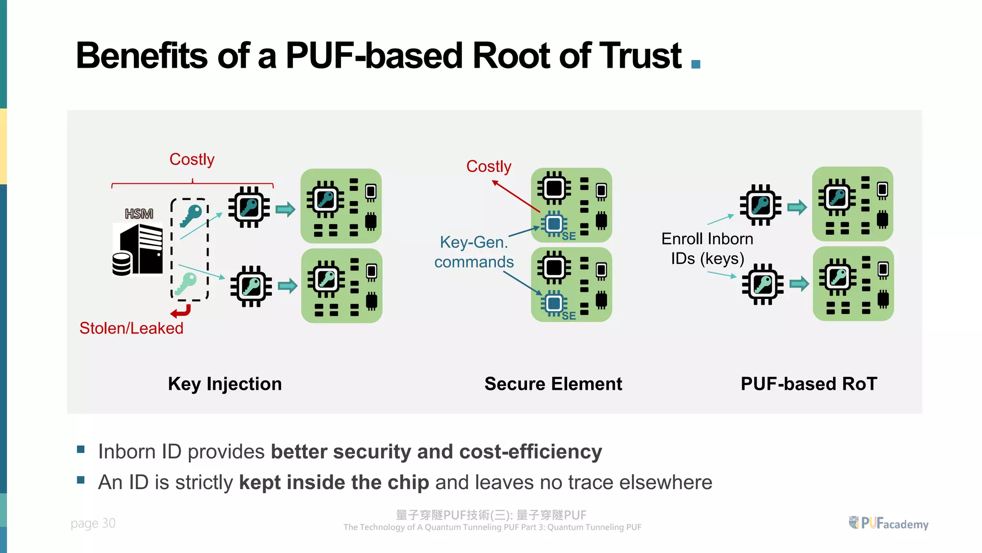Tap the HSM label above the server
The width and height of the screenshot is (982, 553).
tap(139, 214)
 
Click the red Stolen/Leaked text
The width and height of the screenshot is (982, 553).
tap(131, 328)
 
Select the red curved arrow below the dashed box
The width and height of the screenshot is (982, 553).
tap(181, 312)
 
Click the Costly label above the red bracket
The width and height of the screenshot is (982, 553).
tap(192, 159)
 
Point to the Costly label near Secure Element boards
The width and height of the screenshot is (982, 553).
tap(489, 167)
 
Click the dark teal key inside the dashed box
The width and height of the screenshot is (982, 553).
tap(191, 215)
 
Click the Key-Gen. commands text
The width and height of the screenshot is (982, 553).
tap(474, 252)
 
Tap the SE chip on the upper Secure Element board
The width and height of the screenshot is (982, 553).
tap(554, 224)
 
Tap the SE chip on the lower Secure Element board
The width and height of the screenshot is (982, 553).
tap(554, 303)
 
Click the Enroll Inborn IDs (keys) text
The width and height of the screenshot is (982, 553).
tap(707, 249)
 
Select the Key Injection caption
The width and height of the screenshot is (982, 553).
tap(225, 384)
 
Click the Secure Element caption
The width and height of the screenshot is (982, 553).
tap(553, 384)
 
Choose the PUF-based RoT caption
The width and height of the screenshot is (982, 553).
tap(809, 384)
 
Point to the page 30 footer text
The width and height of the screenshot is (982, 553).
tap(93, 523)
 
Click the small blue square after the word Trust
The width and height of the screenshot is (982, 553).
tap(696, 64)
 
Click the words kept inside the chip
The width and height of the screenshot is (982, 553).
tap(334, 482)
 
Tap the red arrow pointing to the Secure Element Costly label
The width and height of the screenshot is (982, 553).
tap(515, 196)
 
